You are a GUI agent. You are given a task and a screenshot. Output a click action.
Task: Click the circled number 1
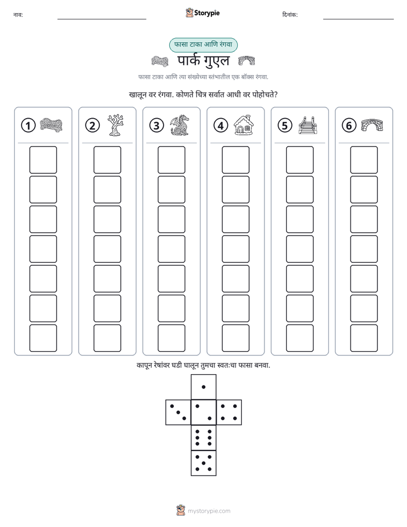28,125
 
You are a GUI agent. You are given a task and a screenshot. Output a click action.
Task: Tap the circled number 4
221,125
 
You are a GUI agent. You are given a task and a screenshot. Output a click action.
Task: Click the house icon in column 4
244,125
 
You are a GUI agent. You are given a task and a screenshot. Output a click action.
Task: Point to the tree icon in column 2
116,125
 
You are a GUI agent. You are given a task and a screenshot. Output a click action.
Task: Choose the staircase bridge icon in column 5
308,125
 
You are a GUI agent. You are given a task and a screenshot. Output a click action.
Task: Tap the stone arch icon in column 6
372,125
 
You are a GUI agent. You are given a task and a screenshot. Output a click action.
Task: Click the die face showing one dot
203,387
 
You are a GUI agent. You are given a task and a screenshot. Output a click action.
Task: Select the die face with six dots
203,437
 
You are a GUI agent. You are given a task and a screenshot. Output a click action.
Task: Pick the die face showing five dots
203,463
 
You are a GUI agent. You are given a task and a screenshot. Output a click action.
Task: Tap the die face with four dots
229,412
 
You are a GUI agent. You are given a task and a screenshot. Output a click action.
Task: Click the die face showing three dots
178,412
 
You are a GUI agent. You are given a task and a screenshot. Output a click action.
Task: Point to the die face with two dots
203,412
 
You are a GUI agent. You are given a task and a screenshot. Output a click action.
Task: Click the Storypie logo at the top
202,13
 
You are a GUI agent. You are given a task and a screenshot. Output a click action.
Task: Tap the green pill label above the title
203,44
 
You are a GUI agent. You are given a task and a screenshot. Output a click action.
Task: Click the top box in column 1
43,160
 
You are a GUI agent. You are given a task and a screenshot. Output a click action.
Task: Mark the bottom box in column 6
364,338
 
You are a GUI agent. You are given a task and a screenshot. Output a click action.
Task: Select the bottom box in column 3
171,338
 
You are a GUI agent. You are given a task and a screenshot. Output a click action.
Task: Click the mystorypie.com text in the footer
209,511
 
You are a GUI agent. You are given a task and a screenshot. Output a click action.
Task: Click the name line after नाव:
101,19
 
